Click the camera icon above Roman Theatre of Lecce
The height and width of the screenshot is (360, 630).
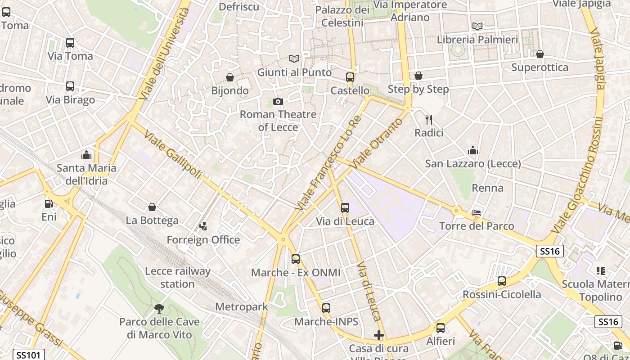(x=278, y=101)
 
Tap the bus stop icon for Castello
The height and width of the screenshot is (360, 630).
(x=350, y=77)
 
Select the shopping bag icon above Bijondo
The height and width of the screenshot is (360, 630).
(x=230, y=78)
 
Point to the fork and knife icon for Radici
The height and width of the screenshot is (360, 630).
(x=429, y=120)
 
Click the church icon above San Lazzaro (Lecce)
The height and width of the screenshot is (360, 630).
(x=473, y=150)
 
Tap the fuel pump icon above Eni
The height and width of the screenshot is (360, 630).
(x=48, y=204)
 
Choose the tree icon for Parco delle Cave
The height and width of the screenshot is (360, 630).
(x=159, y=309)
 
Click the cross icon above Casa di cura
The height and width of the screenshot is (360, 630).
(x=379, y=335)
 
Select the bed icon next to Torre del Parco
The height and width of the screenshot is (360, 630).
(x=477, y=213)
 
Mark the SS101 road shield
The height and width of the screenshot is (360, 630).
(x=28, y=355)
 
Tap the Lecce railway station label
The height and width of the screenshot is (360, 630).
(x=178, y=278)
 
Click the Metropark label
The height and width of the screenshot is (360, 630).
(x=242, y=307)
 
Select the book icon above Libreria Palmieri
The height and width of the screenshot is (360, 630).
(x=477, y=26)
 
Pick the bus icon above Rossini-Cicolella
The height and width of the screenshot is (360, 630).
(x=502, y=281)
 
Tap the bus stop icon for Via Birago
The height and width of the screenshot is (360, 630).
(x=70, y=86)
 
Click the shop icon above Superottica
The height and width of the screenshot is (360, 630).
(x=540, y=54)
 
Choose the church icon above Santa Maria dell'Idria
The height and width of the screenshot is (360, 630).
(x=86, y=155)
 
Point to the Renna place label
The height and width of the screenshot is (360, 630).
(x=487, y=188)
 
